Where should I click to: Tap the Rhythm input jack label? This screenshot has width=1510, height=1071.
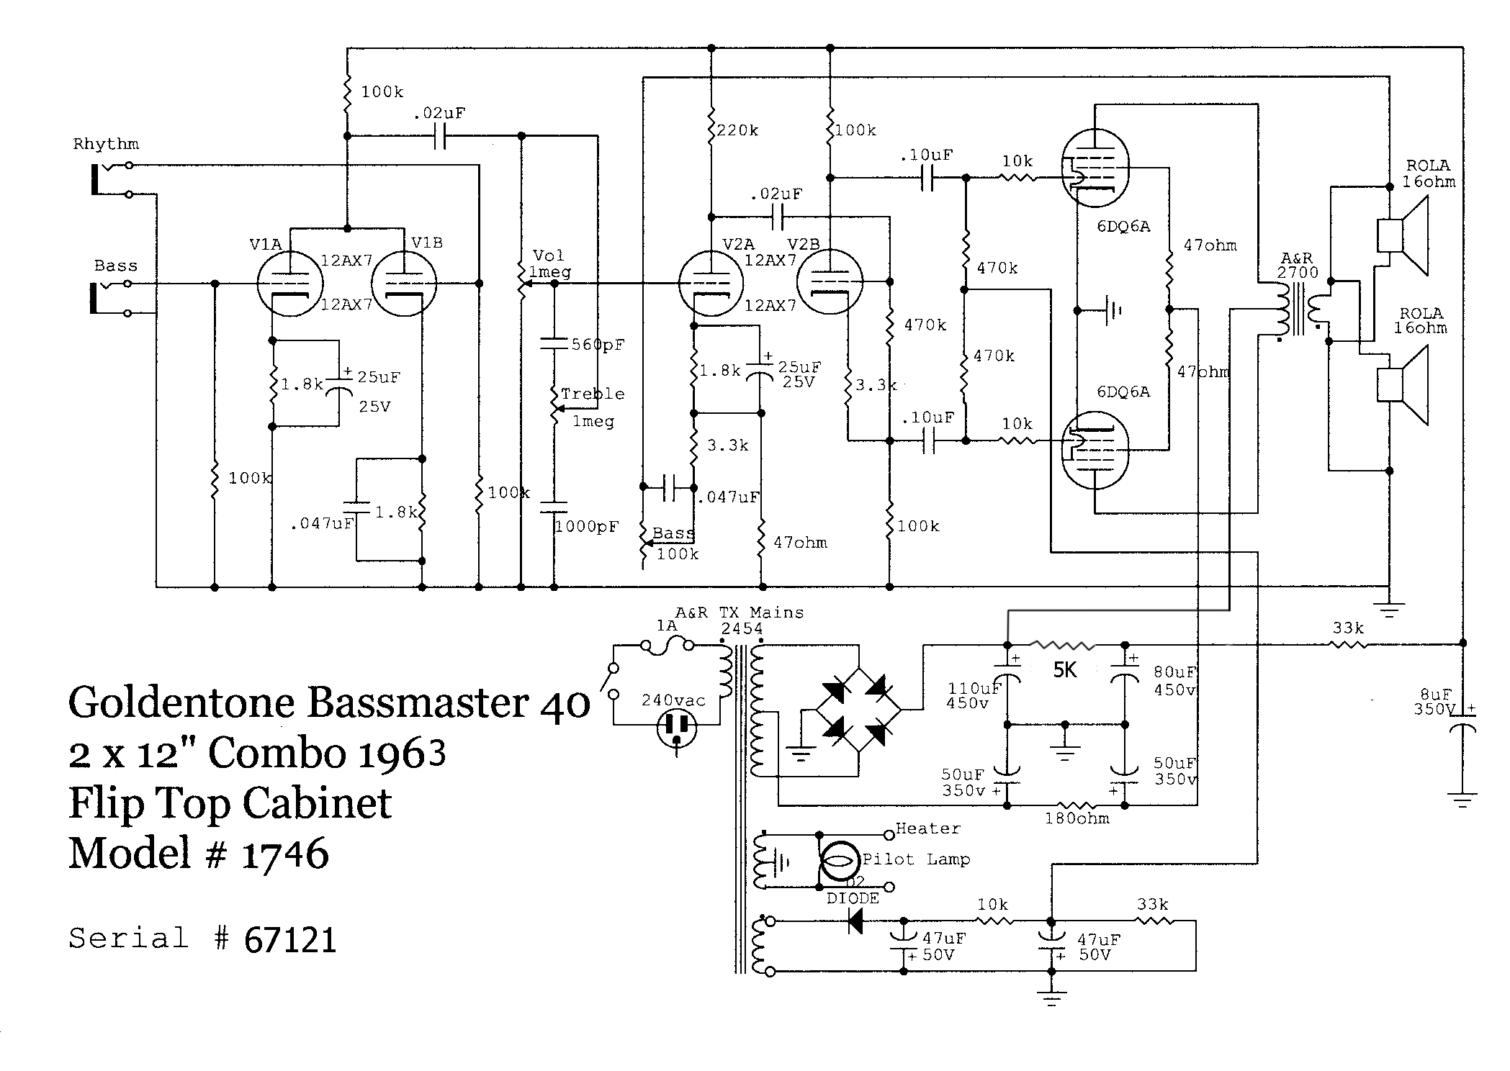(x=106, y=144)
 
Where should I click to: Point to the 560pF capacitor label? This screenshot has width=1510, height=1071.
(x=598, y=345)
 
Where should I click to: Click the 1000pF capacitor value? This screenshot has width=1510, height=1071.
(x=586, y=527)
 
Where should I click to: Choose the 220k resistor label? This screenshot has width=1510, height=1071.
(x=737, y=130)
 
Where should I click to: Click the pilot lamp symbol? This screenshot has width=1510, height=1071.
(x=840, y=861)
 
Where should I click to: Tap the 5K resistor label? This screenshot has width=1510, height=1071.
(x=1064, y=671)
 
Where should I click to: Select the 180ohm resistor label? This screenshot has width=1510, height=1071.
(x=1077, y=818)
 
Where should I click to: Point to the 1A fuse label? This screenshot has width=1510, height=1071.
(x=666, y=625)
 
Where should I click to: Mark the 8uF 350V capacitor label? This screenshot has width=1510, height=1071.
(x=1435, y=702)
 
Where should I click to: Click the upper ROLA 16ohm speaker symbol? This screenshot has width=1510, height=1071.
(x=1403, y=236)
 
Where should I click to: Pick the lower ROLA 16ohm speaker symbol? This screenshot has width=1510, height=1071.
(x=1403, y=384)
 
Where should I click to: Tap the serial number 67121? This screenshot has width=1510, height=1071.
(x=290, y=940)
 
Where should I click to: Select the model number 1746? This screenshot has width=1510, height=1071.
(x=285, y=854)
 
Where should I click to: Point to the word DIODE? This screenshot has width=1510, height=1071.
(x=853, y=898)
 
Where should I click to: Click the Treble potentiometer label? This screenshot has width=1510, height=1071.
(x=592, y=394)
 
